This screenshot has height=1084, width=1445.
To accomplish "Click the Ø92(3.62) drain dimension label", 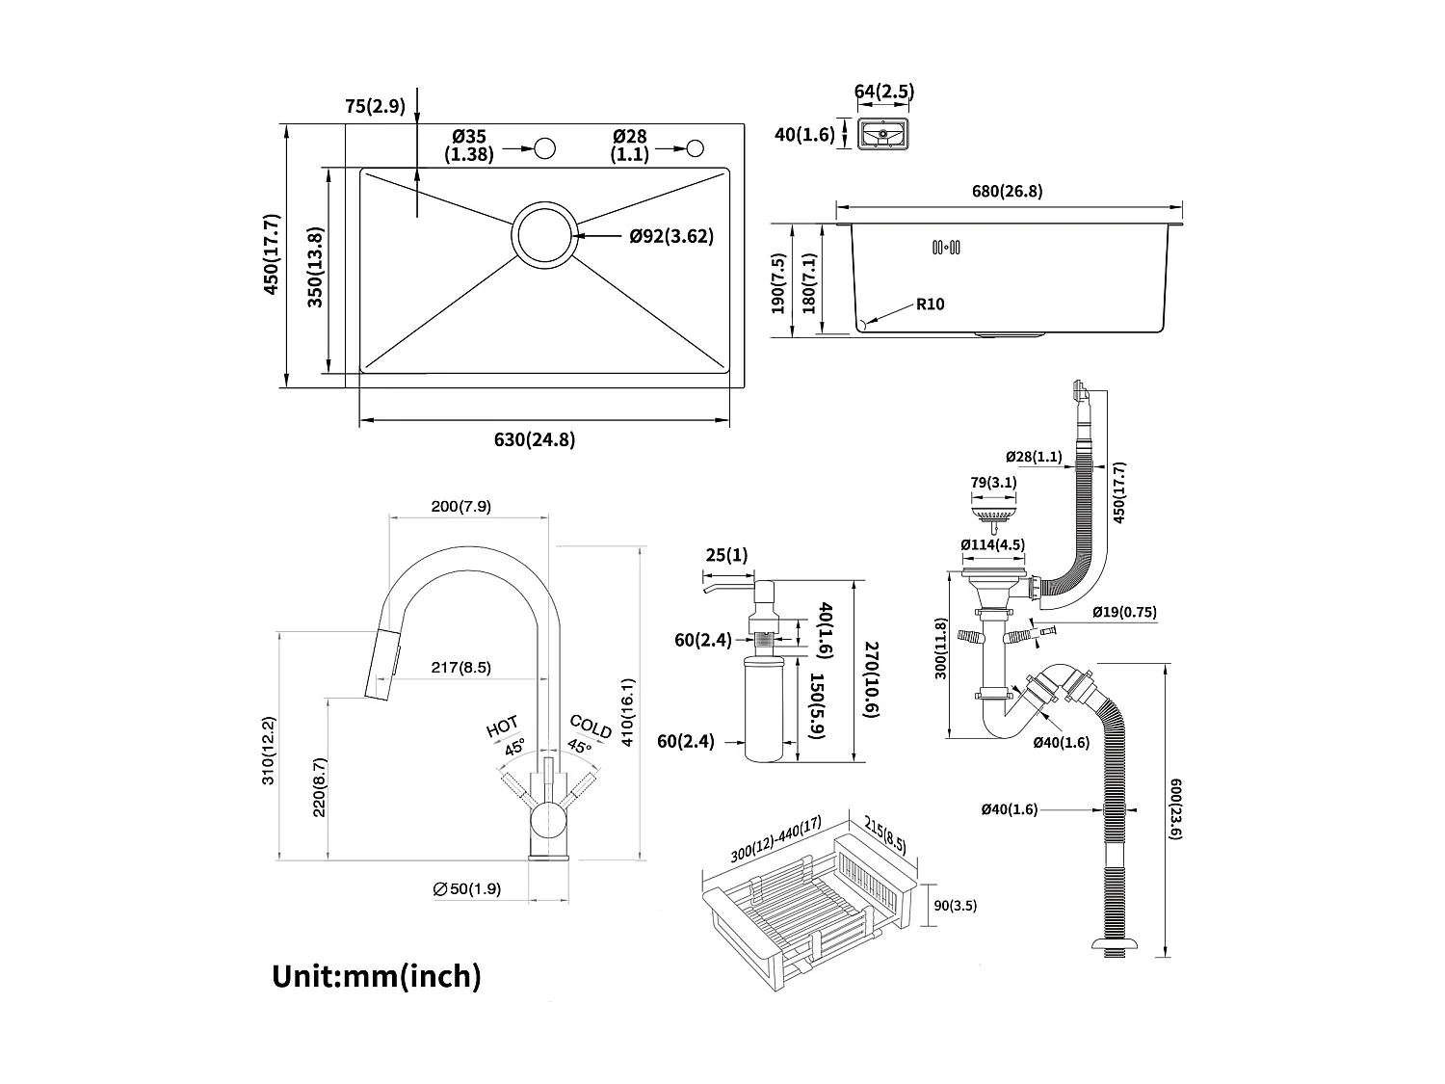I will tap(671, 236).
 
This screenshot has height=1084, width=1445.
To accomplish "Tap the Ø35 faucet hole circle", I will tap(545, 148).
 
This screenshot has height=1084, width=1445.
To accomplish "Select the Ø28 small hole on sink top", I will tap(696, 147).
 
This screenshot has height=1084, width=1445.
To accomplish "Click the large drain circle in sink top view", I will tap(545, 236).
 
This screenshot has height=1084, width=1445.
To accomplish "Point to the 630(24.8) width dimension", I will tap(534, 440).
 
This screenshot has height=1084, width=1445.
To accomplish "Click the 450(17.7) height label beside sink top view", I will tap(273, 254).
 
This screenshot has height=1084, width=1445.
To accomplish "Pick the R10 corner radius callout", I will tap(930, 304).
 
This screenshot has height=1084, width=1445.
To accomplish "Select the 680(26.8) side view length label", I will tap(1007, 191).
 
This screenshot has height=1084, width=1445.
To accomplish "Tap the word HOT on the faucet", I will tap(503, 727).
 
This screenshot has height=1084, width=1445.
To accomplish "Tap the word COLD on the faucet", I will tap(591, 727).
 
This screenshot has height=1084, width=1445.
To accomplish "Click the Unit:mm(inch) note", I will tap(377, 975).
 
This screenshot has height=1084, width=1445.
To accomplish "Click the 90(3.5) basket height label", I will tap(956, 906).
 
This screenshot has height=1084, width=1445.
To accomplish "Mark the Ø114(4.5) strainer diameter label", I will tap(992, 544).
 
